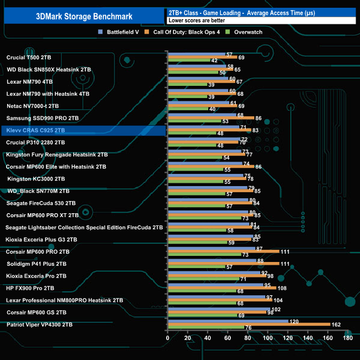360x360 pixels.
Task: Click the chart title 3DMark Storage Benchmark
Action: point(82,16)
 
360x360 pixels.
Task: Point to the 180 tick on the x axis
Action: point(348,338)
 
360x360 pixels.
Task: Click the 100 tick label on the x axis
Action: point(268,338)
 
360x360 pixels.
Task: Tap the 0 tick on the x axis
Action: point(168,338)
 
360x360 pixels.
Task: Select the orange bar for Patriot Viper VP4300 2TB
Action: point(249,325)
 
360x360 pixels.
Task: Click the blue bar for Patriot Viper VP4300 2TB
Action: point(228,321)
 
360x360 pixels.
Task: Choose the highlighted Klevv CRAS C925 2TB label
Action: point(36,130)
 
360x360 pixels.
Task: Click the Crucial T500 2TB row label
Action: point(29,57)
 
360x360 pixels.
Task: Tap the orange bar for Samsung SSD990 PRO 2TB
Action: point(210,118)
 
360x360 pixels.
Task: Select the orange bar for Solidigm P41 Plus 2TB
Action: point(223,264)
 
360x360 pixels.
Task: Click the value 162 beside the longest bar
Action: point(336,325)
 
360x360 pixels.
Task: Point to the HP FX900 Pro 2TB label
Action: point(30,288)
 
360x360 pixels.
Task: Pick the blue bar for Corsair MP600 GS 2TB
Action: point(218,308)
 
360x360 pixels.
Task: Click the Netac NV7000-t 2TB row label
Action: point(33,106)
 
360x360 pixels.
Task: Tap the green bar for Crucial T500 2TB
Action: point(188,60)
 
